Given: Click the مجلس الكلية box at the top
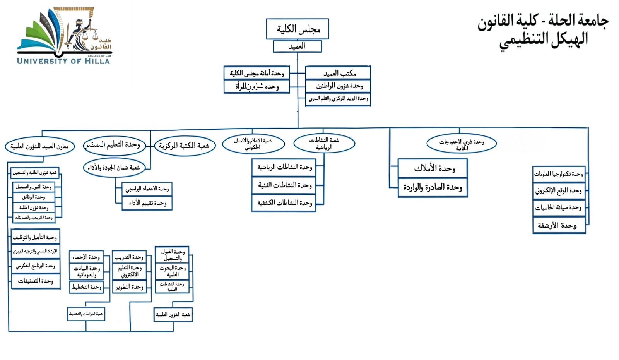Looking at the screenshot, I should tap(297, 29).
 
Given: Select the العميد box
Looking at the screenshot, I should tap(297, 46).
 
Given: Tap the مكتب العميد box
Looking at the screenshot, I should tap(338, 73).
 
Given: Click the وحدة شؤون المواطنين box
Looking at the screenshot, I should tap(338, 86).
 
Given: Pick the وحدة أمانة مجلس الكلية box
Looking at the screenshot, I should tap(257, 73).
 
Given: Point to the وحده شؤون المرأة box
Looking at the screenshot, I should tap(257, 86).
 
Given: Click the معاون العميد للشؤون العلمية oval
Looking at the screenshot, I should tap(39, 146).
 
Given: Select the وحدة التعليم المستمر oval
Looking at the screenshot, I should tap(114, 145).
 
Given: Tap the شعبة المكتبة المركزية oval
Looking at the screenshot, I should tap(184, 146).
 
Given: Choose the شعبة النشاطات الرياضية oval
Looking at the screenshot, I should tap(324, 143).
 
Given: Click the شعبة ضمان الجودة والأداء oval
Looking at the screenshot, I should tap(114, 168).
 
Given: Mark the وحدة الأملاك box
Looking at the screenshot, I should tap(433, 168).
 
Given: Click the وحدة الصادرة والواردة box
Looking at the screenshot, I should tap(433, 188).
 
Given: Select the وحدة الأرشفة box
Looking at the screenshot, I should tap(559, 225).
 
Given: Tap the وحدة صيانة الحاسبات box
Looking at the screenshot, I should tap(559, 208).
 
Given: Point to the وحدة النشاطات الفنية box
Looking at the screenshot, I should tap(284, 185).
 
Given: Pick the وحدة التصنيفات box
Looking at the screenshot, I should tap(35, 281).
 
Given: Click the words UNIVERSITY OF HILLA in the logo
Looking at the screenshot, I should tap(63, 61).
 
